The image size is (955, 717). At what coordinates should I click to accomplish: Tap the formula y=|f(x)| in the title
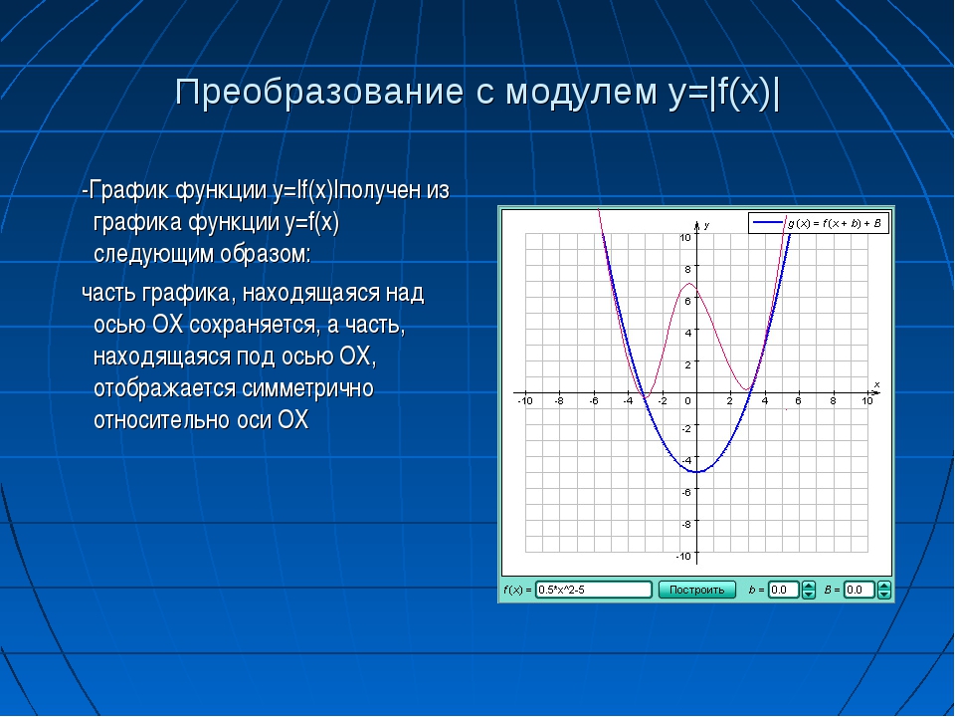[x=723, y=93]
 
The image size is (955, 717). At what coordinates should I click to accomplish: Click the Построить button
[x=696, y=590]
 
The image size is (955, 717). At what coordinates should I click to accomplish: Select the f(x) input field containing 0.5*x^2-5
[x=593, y=590]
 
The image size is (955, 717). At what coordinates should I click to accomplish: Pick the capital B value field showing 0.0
[x=859, y=590]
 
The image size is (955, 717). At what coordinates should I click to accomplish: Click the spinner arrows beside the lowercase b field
[x=808, y=590]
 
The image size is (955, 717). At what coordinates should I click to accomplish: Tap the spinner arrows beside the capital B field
[x=883, y=590]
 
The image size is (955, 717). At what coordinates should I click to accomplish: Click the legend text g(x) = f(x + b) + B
[x=834, y=223]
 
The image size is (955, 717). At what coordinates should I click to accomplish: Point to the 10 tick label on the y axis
[x=685, y=237]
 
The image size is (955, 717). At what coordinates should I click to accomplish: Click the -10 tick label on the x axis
[x=525, y=400]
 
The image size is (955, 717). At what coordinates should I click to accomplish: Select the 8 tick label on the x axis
[x=834, y=400]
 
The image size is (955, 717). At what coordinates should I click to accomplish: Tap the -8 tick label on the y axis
[x=685, y=524]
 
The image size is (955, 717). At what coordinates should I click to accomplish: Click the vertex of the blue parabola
[x=697, y=472]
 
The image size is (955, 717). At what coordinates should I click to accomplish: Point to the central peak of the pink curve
[x=688, y=284]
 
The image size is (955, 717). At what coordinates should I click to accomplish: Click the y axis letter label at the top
[x=706, y=226]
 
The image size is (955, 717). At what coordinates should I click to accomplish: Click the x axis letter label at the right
[x=877, y=384]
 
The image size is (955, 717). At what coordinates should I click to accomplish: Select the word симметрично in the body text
[x=307, y=388]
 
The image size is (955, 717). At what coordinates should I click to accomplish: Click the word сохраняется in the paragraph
[x=254, y=325]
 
